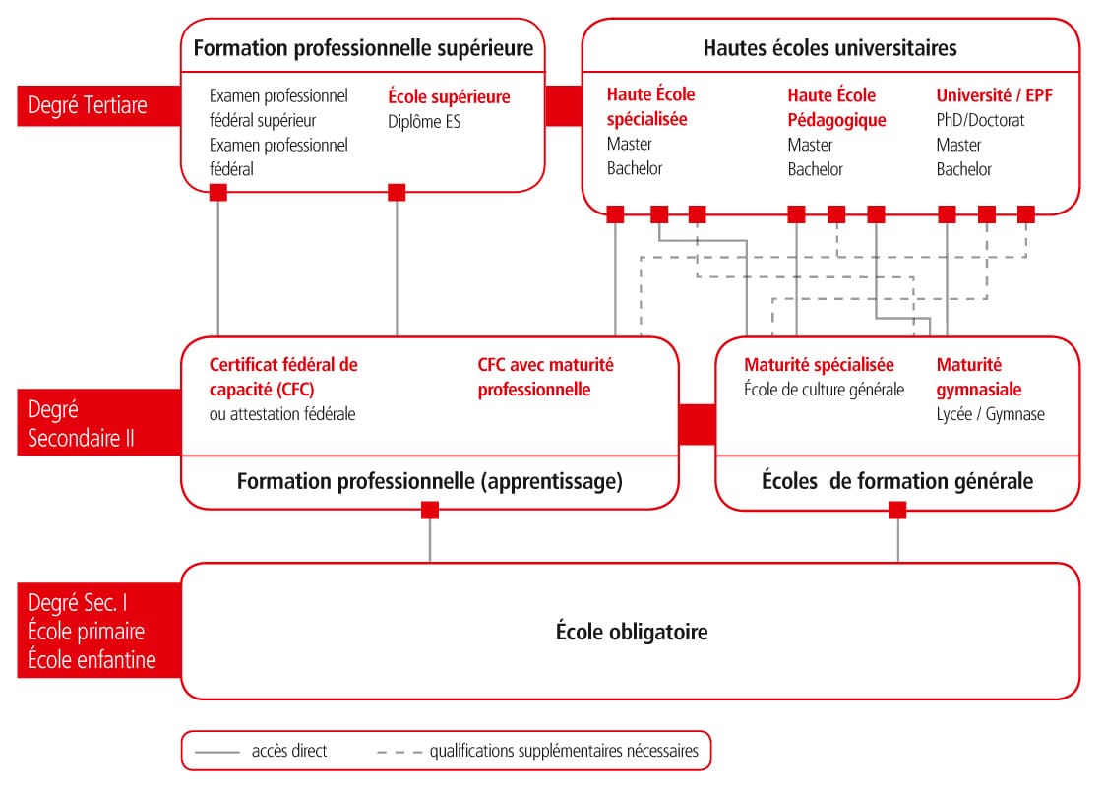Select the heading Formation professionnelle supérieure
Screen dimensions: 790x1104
coord(363,47)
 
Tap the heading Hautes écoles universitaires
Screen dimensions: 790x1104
coord(829,47)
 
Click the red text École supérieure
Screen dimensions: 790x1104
coord(449,96)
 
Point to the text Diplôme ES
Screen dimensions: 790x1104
coord(424,122)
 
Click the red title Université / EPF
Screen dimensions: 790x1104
coord(994,95)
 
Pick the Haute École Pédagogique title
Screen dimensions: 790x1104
coord(836,107)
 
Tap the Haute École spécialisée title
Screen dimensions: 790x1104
coord(650,107)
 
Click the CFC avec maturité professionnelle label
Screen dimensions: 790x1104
coord(545,377)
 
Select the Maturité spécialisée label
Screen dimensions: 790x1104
coord(819,365)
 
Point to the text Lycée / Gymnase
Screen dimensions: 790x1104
coord(990,414)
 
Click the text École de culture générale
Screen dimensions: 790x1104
coord(824,390)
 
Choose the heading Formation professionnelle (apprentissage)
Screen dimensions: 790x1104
coord(430,481)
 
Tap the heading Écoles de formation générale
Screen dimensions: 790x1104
coord(897,481)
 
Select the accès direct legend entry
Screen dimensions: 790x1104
coord(288,751)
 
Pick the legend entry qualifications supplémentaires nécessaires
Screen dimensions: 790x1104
coord(563,751)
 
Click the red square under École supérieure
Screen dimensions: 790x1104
coord(397,193)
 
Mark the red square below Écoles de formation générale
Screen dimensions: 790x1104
coord(897,510)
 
